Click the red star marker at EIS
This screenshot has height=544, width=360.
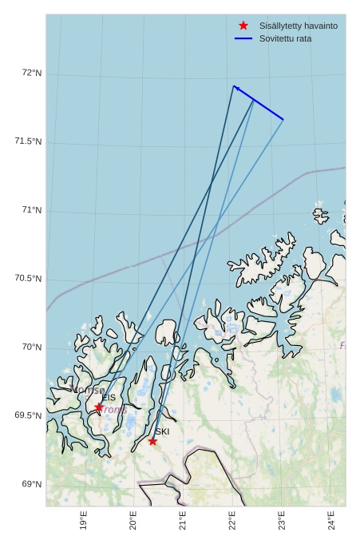99,407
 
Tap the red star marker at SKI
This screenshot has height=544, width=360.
152,441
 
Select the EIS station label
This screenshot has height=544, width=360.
109,397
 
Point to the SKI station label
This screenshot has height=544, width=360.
162,431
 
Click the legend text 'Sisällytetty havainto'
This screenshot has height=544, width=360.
299,26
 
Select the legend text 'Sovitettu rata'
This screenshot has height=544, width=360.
286,38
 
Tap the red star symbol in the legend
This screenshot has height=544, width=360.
243,26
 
